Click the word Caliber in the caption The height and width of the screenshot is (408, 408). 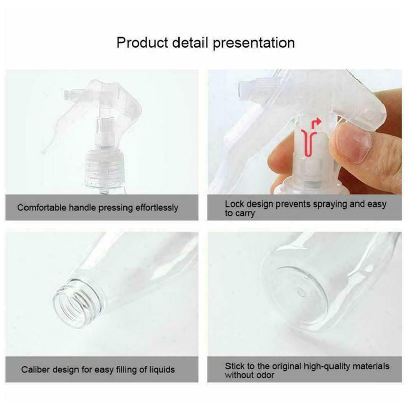coord(35,369)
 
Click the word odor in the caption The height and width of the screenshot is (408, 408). coord(265,375)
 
